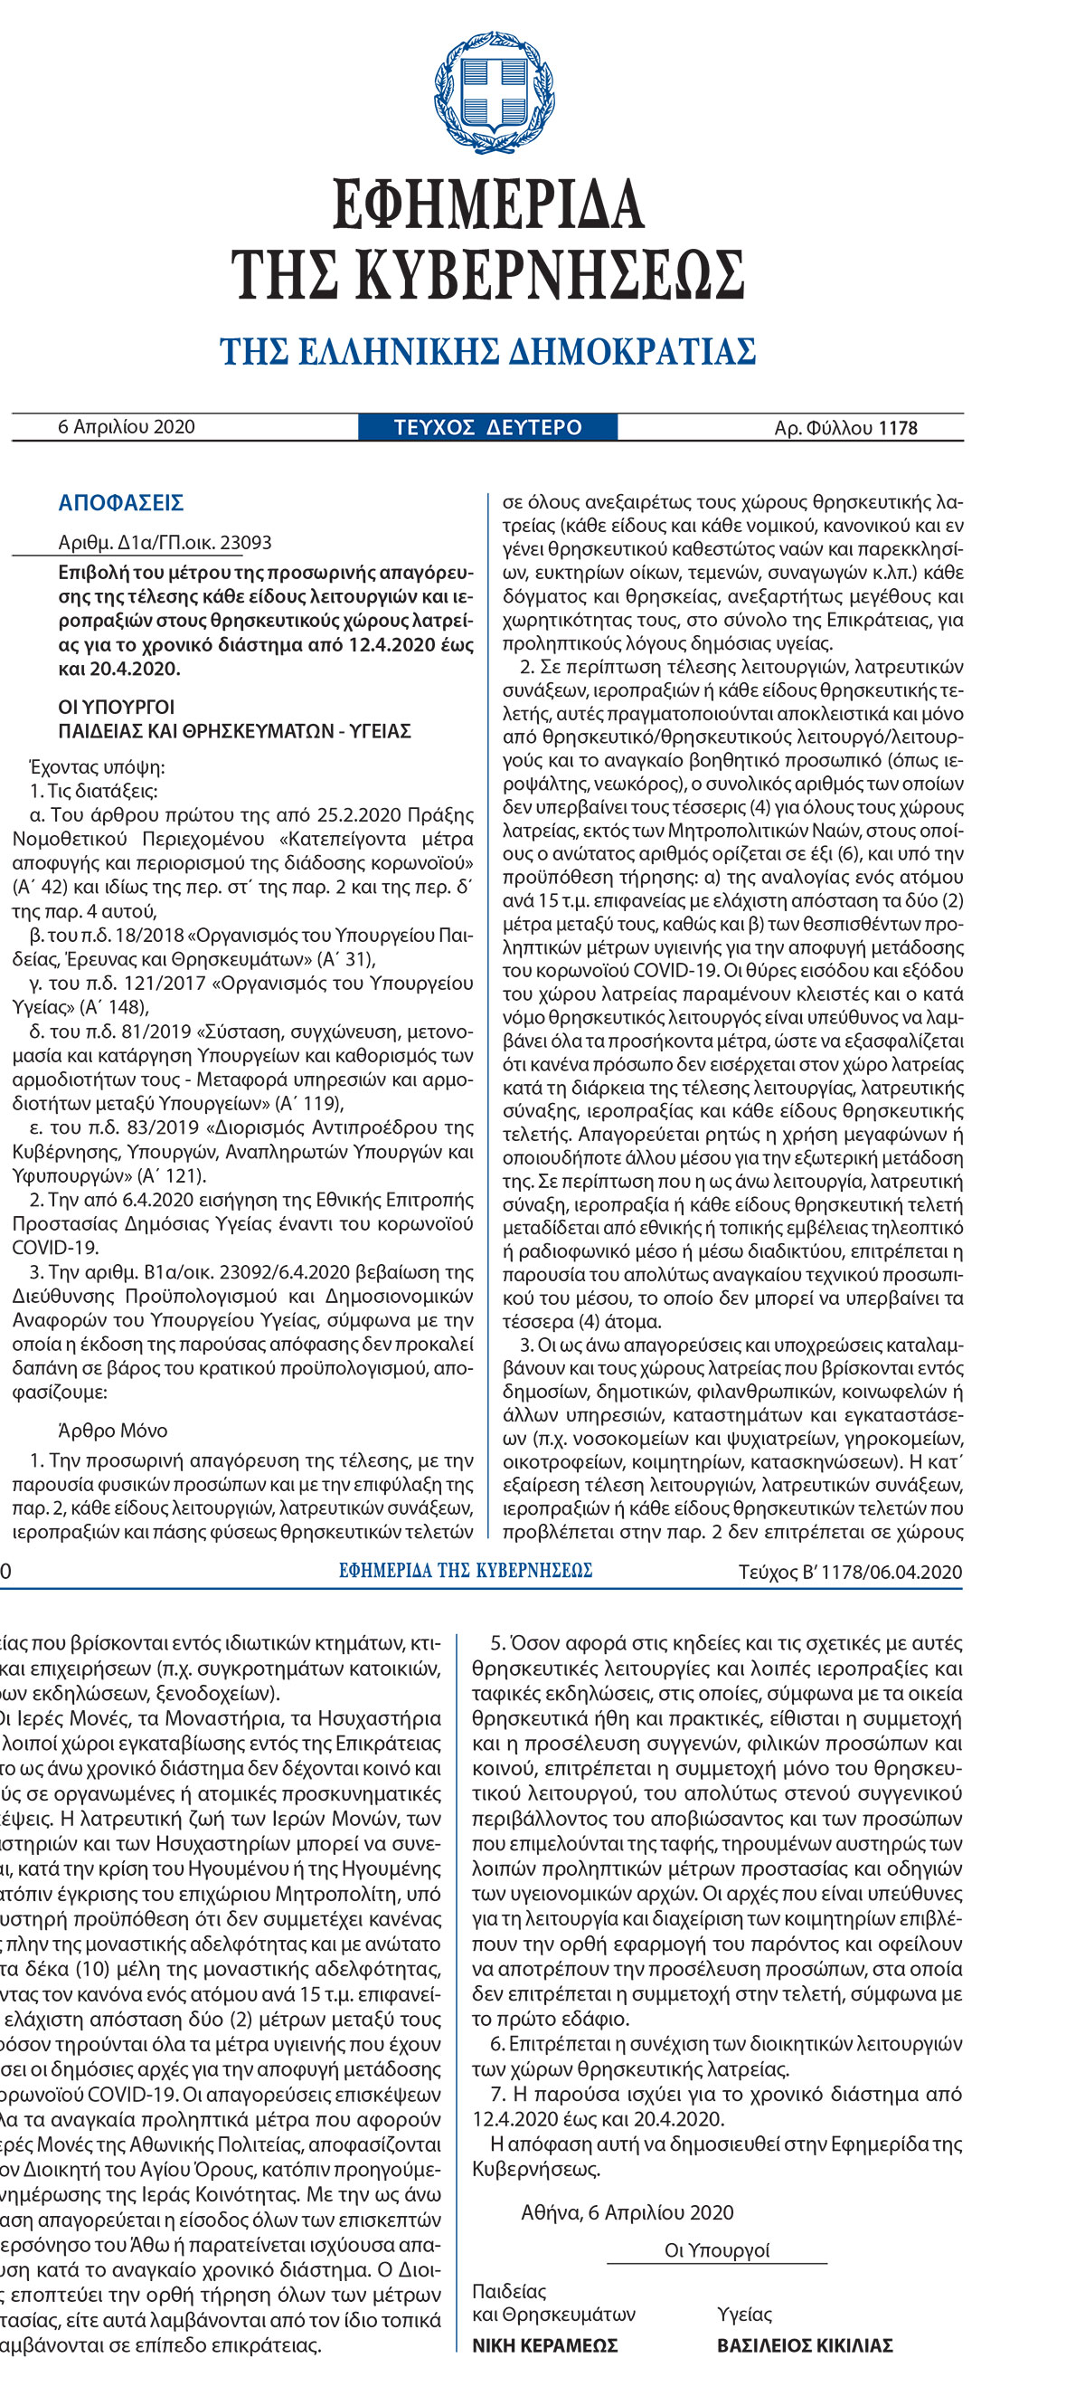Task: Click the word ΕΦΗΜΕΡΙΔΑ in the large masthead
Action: [488, 204]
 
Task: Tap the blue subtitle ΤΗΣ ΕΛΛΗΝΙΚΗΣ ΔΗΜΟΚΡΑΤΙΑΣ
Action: [488, 352]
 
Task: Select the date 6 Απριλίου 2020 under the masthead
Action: [127, 427]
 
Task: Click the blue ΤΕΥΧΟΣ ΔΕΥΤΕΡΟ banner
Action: [488, 427]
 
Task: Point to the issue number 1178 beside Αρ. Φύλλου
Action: [897, 428]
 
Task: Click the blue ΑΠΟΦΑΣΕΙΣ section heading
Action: [121, 503]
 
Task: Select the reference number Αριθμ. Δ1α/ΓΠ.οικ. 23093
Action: [165, 542]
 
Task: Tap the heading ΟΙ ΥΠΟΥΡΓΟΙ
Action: [117, 707]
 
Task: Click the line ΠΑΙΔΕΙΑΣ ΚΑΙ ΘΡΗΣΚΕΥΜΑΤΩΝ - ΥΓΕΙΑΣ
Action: [234, 731]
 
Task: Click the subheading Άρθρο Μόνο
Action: [112, 1431]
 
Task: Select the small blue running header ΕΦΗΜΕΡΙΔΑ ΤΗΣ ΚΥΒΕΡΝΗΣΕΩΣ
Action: [466, 1571]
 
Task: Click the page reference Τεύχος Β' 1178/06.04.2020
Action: [850, 1572]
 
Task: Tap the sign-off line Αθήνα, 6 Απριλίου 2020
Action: [627, 2212]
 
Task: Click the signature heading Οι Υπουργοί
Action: [717, 2251]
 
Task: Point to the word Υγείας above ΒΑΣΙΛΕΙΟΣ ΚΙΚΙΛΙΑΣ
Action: [744, 2315]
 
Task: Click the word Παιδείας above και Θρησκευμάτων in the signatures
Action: [509, 2291]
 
